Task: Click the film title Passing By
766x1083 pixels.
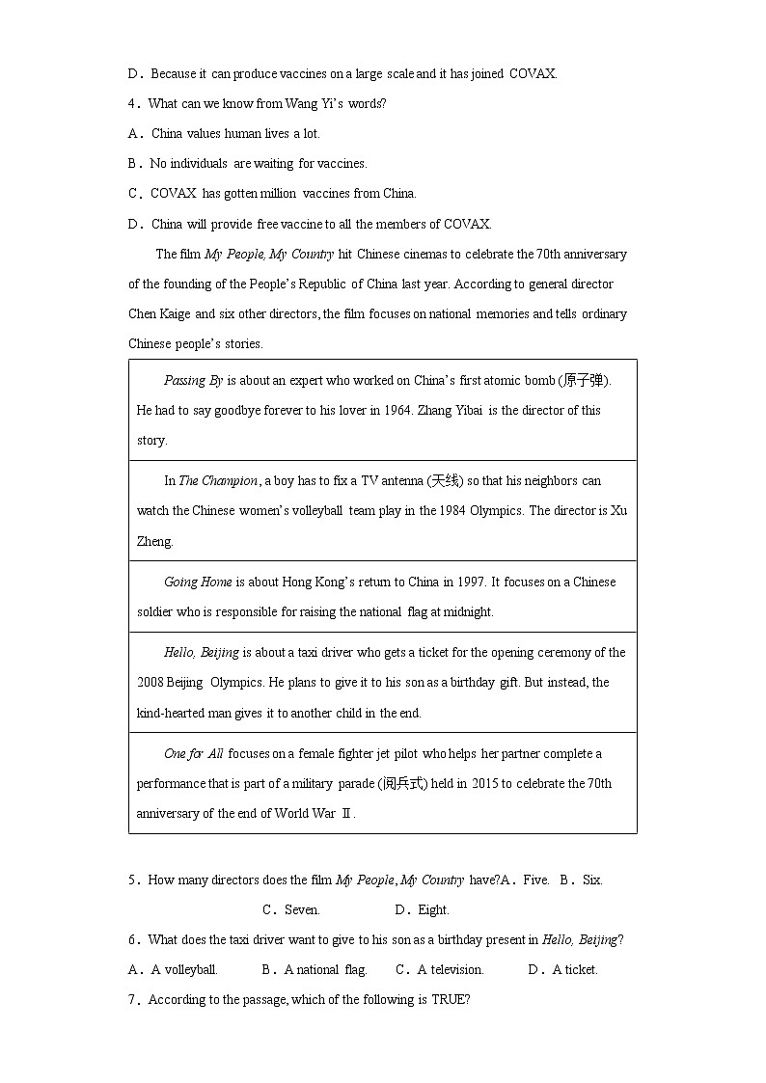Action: coord(193,380)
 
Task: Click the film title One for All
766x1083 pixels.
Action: coord(193,753)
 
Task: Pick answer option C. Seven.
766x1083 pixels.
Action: coord(291,909)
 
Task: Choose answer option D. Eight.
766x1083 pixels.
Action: coord(423,909)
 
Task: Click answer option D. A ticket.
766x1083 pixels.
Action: coord(563,969)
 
